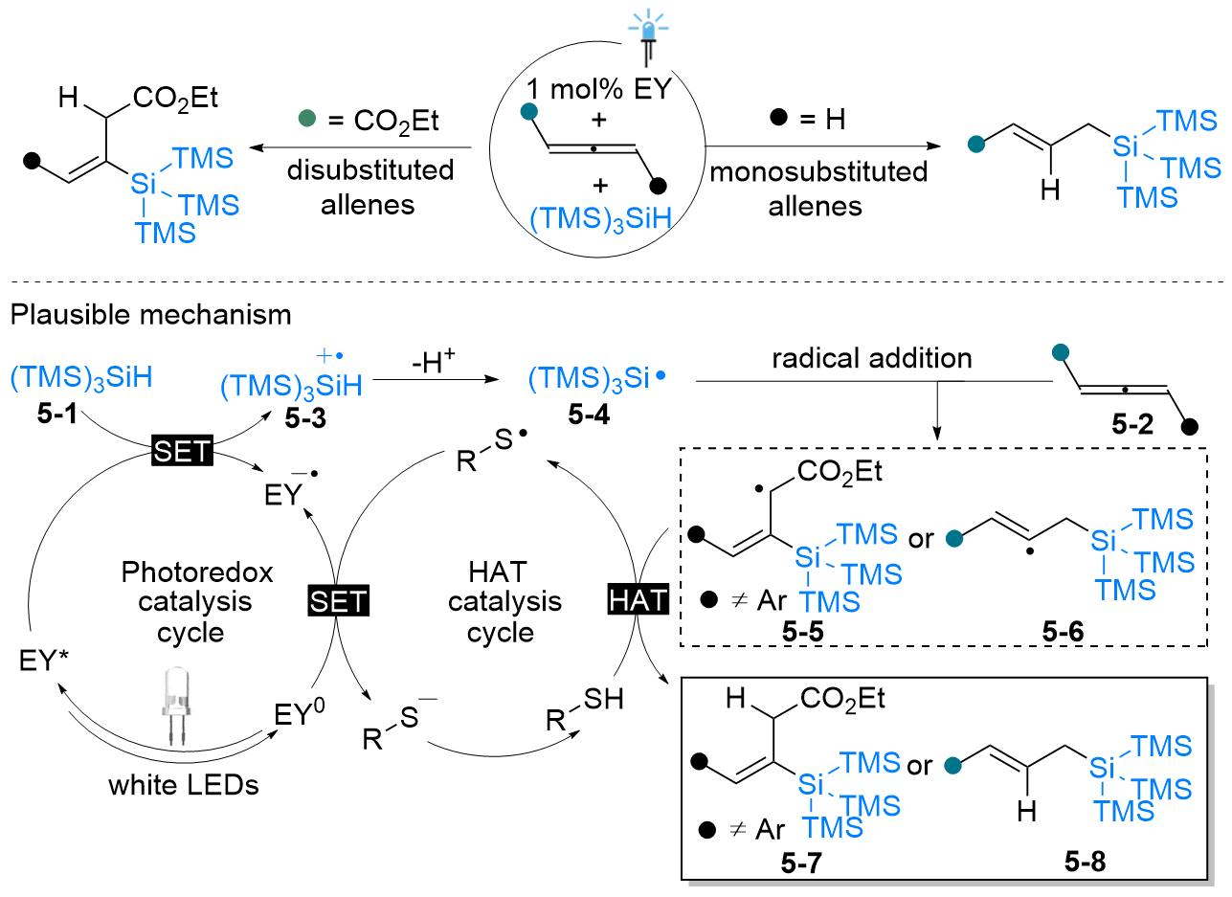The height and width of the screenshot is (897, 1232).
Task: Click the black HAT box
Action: point(634,601)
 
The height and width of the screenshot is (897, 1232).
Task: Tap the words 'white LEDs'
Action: point(185,786)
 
